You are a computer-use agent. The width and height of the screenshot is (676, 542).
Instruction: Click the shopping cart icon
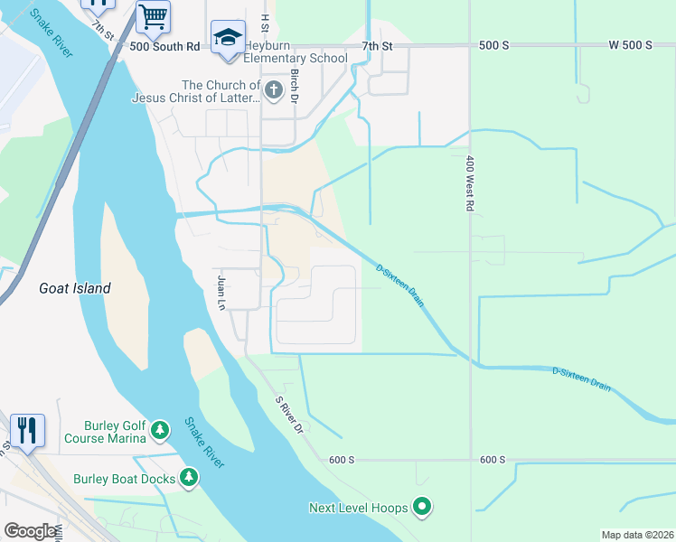[x=154, y=16]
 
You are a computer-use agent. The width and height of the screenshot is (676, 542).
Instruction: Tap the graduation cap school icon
[x=228, y=37]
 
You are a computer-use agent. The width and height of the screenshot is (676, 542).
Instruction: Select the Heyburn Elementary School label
[x=296, y=59]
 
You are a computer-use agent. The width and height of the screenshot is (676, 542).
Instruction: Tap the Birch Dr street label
[x=295, y=89]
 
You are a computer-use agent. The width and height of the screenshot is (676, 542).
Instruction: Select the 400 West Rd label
[x=470, y=183]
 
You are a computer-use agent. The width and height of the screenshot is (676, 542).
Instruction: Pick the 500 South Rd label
[x=164, y=46]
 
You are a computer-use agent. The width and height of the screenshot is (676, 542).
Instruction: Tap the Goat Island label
[x=75, y=289]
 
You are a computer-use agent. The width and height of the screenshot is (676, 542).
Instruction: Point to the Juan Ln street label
[x=220, y=293]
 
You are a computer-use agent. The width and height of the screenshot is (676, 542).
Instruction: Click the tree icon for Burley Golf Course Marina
[x=160, y=429]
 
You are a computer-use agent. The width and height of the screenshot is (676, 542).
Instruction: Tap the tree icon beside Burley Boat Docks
[x=189, y=476]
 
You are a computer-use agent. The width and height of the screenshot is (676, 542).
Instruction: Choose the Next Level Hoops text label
[x=358, y=509]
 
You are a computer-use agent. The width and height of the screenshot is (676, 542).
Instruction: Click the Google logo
[x=30, y=531]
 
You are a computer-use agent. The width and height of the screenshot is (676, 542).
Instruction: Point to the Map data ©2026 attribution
[x=637, y=535]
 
